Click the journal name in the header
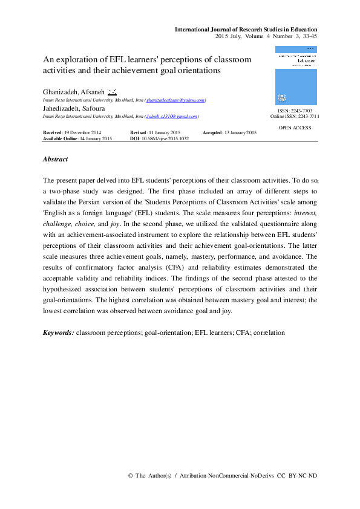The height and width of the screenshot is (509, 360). coord(246,29)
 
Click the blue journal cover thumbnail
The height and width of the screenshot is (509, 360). coord(295,77)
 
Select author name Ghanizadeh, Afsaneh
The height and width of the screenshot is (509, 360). coord(72,92)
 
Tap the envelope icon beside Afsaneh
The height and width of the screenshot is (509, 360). coord(112,91)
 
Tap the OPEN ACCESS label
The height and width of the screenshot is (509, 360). coord(295,128)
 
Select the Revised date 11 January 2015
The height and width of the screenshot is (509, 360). coord(157,132)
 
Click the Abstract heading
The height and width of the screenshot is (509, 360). coord(55,160)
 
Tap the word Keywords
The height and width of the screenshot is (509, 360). coord(58,332)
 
